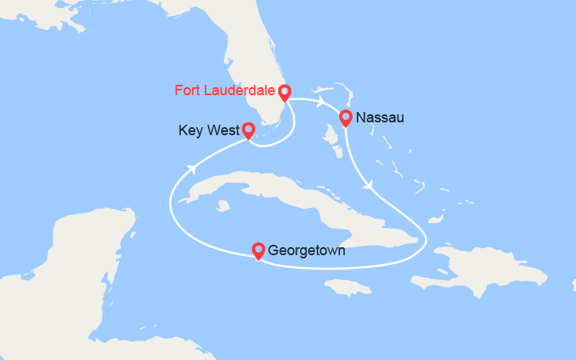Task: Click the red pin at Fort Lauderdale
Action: (x=283, y=92)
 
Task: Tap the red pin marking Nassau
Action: (x=346, y=118)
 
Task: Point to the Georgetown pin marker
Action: (x=258, y=250)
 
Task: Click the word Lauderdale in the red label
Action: (x=239, y=90)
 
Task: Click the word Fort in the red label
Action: (x=187, y=90)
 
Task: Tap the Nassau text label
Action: (x=380, y=118)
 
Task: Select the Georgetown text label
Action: (x=307, y=250)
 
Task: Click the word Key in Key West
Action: (x=190, y=130)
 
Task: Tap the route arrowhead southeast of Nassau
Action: (x=369, y=186)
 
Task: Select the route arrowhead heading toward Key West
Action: (x=193, y=168)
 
